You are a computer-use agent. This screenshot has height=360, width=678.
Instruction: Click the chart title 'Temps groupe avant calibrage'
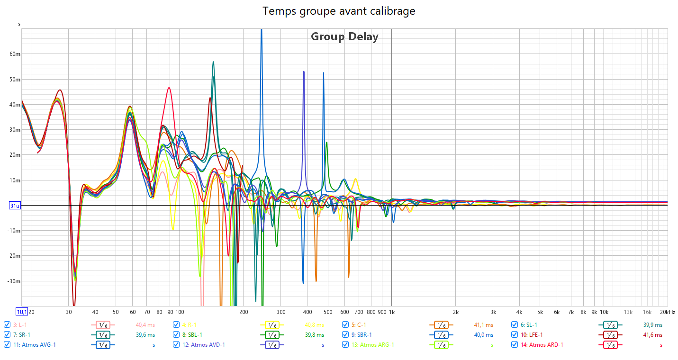point(339,11)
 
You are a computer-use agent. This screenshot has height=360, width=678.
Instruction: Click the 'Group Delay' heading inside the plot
point(344,36)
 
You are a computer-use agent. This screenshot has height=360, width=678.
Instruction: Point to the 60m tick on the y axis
point(15,54)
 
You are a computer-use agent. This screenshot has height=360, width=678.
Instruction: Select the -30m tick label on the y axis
point(14,281)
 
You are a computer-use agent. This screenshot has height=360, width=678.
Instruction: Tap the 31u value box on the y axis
point(15,206)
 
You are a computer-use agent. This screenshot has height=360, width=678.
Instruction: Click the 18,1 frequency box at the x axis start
point(22,312)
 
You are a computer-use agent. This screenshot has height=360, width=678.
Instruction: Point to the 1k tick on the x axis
point(391,312)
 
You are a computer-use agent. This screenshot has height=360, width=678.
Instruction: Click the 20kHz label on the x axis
point(668,312)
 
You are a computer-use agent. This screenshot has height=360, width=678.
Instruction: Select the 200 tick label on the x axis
point(244,312)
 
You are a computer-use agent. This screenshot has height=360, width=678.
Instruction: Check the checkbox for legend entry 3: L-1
point(7,325)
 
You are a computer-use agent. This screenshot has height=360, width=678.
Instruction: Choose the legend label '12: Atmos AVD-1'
point(203,345)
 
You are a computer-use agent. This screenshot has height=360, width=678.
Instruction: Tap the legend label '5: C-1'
point(359,325)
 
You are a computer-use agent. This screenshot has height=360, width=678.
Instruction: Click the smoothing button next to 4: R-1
point(272,325)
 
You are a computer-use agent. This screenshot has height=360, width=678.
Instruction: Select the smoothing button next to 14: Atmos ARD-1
point(611,345)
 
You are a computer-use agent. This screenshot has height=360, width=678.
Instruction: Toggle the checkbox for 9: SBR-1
point(345,335)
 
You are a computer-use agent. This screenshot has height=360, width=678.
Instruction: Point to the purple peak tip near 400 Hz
point(304,72)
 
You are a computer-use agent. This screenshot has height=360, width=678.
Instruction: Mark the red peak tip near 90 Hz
point(169,88)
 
